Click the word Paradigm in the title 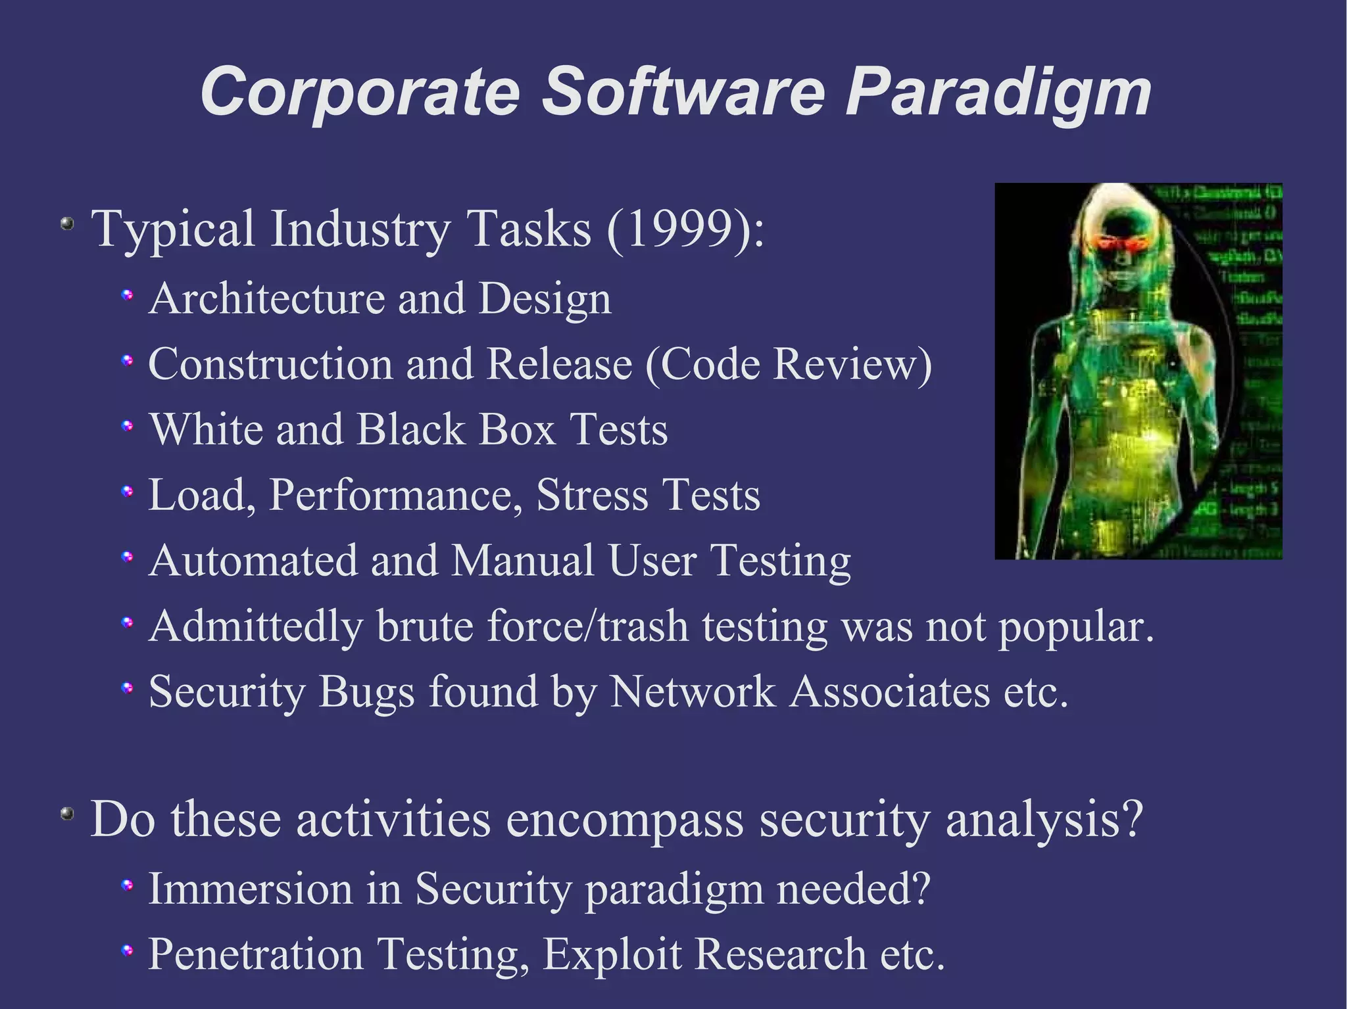(998, 93)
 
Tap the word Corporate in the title (360, 93)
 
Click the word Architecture (266, 299)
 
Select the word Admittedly (256, 626)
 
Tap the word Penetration (256, 954)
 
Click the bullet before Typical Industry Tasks (66, 224)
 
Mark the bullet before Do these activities (66, 814)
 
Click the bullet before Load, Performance (128, 491)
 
